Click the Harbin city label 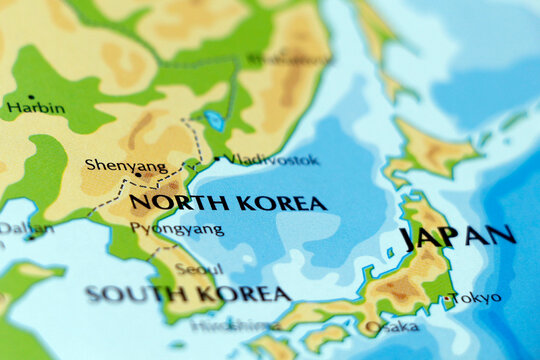pyautogui.click(x=36, y=108)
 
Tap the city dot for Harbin pyautogui.click(x=32, y=97)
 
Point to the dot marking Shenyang pyautogui.click(x=138, y=175)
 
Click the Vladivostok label pyautogui.click(x=272, y=159)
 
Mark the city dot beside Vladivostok pyautogui.click(x=217, y=159)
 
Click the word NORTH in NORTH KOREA pyautogui.click(x=168, y=202)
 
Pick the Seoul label pyautogui.click(x=199, y=269)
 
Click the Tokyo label pyautogui.click(x=478, y=298)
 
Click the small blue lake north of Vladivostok pyautogui.click(x=214, y=121)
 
